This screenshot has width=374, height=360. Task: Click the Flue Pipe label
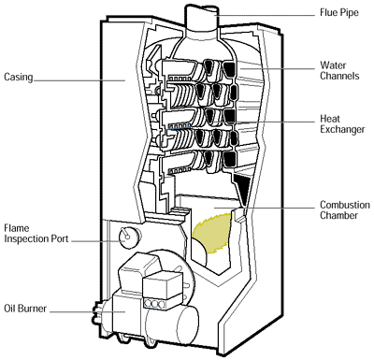pos(339,13)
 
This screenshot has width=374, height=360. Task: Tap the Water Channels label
pos(339,71)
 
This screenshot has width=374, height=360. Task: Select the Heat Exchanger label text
pos(342,124)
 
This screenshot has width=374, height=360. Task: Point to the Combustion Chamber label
pos(345,210)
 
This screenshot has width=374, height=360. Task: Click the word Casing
pos(19,77)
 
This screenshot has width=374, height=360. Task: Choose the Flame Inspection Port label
pos(36,234)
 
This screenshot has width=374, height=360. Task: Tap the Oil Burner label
pos(25,309)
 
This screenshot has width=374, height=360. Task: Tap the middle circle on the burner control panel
pos(154,304)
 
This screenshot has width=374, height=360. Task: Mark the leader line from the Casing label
pos(79,80)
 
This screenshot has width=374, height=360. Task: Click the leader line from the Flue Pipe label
pos(265,15)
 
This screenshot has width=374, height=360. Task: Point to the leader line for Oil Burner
pos(87,311)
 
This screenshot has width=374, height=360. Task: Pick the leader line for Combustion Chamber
pos(265,208)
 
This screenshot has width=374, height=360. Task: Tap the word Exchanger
pos(342,130)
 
